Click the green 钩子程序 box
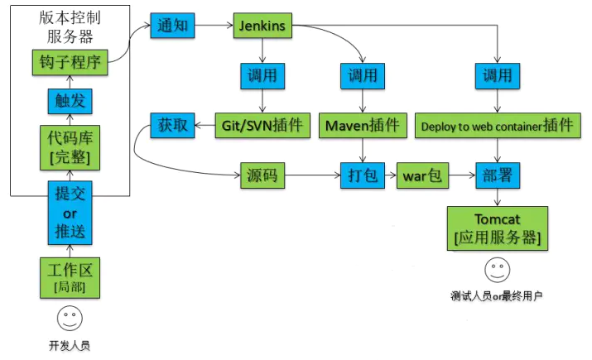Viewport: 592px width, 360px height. (x=70, y=61)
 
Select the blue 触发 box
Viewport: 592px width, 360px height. (x=70, y=101)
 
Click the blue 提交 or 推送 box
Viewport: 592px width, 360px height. (x=70, y=212)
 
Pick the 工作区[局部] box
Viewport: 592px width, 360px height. (x=70, y=277)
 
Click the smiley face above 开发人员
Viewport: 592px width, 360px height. (x=70, y=318)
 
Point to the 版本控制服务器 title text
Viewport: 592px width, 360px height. (x=70, y=27)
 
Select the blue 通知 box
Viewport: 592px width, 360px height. (x=173, y=26)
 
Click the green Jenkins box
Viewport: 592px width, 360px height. (x=262, y=26)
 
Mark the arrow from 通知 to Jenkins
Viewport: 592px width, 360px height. (x=214, y=26)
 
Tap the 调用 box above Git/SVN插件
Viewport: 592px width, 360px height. (x=262, y=76)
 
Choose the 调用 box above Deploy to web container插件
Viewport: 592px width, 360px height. (x=497, y=76)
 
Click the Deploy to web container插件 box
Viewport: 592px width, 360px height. (x=497, y=126)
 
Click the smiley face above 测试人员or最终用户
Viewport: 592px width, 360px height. (x=497, y=270)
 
